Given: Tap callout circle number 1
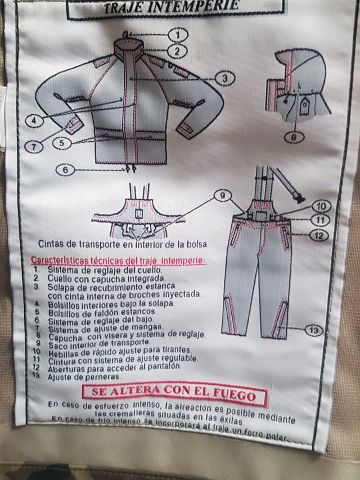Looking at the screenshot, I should pyautogui.click(x=178, y=35).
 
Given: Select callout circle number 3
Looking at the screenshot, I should pyautogui.click(x=224, y=79).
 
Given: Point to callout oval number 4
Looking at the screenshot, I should pyautogui.click(x=35, y=120).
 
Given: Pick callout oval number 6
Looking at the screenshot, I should pyautogui.click(x=65, y=168).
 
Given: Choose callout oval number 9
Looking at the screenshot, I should pyautogui.click(x=223, y=196).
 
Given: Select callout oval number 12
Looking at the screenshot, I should pyautogui.click(x=319, y=235).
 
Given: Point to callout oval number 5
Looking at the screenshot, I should pyautogui.click(x=64, y=143).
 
